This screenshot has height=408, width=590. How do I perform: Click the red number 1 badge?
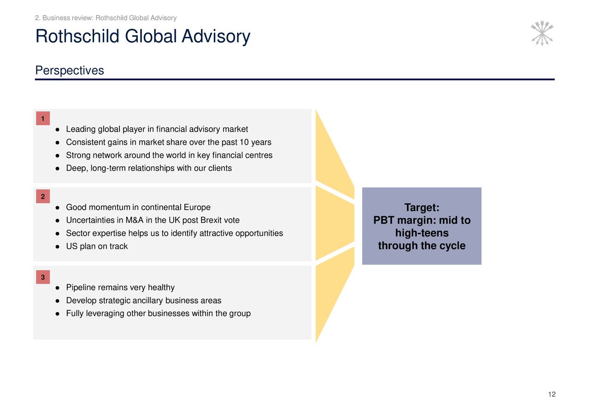(x=42, y=119)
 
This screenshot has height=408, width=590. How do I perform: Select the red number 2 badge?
(x=42, y=197)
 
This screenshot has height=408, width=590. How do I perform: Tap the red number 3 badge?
(x=42, y=277)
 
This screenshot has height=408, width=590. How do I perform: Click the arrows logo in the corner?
(x=542, y=33)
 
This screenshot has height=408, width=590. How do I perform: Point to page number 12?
(x=552, y=394)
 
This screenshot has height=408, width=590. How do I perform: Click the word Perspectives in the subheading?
(x=70, y=70)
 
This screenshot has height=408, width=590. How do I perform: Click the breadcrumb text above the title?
(x=106, y=18)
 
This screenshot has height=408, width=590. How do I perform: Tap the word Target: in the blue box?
(x=421, y=208)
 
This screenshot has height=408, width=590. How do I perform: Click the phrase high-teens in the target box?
(x=421, y=233)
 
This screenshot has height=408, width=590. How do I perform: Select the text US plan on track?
(x=97, y=246)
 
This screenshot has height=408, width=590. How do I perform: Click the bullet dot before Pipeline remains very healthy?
(x=56, y=288)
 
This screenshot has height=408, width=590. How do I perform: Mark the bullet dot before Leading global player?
(x=56, y=129)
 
